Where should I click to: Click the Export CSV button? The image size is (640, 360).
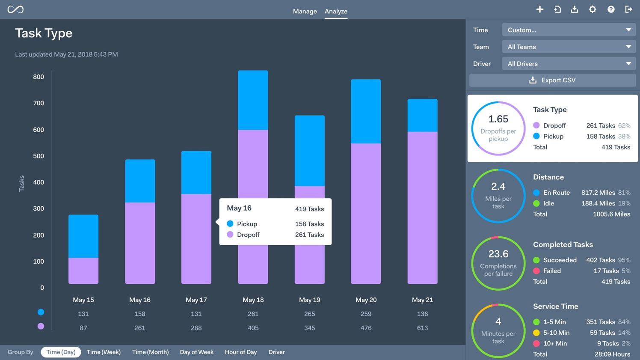pyautogui.click(x=552, y=80)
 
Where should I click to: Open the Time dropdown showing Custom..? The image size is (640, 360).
pyautogui.click(x=569, y=30)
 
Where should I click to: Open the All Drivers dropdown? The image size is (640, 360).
pyautogui.click(x=569, y=64)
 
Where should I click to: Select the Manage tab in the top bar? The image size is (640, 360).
pyautogui.click(x=305, y=11)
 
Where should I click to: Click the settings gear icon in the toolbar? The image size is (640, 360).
pyautogui.click(x=593, y=9)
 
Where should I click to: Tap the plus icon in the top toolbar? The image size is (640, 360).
pyautogui.click(x=540, y=9)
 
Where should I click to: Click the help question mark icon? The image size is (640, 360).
pyautogui.click(x=611, y=9)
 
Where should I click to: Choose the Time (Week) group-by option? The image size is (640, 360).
pyautogui.click(x=104, y=352)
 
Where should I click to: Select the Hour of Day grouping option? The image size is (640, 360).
pyautogui.click(x=241, y=352)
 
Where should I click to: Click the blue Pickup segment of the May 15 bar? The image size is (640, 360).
pyautogui.click(x=83, y=236)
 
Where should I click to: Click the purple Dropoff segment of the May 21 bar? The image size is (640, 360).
pyautogui.click(x=422, y=208)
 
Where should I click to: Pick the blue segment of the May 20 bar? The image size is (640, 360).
pyautogui.click(x=366, y=111)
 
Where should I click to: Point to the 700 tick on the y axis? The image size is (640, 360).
pyautogui.click(x=39, y=103)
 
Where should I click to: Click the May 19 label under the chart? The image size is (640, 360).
pyautogui.click(x=309, y=300)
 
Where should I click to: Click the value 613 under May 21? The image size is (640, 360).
pyautogui.click(x=422, y=328)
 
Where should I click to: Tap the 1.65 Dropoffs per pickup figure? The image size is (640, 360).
pyautogui.click(x=498, y=119)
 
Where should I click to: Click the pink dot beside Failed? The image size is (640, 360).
pyautogui.click(x=536, y=271)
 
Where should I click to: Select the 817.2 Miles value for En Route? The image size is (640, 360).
pyautogui.click(x=598, y=193)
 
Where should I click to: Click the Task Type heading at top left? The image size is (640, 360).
pyautogui.click(x=44, y=33)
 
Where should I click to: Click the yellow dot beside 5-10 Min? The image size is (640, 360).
pyautogui.click(x=536, y=333)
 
